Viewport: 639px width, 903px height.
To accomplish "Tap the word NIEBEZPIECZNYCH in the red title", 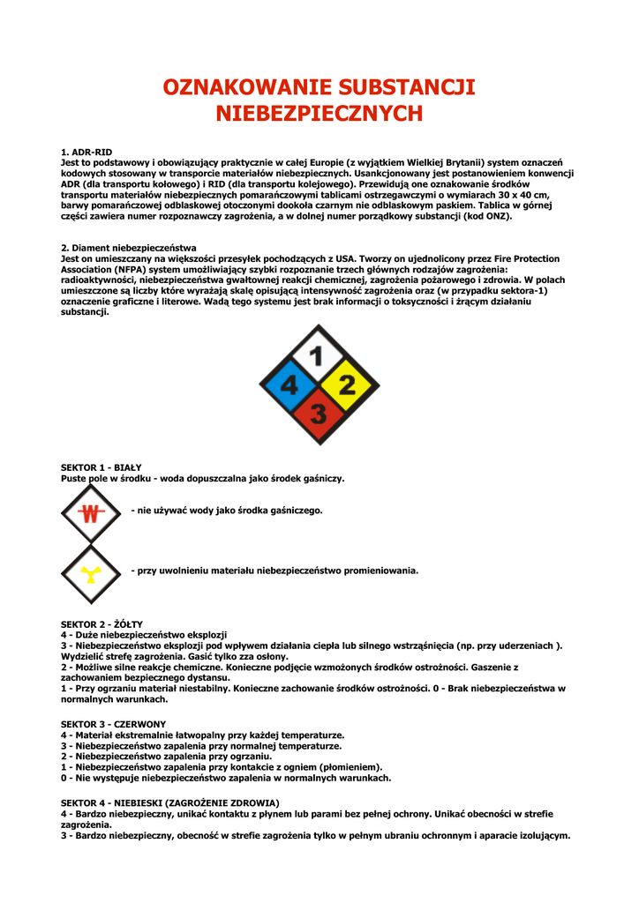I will (x=319, y=114).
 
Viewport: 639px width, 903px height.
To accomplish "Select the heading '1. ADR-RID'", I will (x=86, y=153).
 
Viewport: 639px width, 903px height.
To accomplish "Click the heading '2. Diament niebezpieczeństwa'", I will (x=129, y=248).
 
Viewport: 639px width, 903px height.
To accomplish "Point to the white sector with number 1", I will (x=319, y=356).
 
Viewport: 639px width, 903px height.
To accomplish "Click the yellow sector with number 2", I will (x=347, y=384).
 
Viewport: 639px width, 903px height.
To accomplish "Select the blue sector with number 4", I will (x=289, y=384).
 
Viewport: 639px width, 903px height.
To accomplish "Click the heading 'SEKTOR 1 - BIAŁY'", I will (x=101, y=467).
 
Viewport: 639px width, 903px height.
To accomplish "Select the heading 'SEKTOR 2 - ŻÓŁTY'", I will (x=101, y=624).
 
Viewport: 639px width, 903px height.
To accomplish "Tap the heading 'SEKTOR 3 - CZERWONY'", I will (x=113, y=724).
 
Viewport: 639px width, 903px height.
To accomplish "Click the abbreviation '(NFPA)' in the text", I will (x=127, y=269).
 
